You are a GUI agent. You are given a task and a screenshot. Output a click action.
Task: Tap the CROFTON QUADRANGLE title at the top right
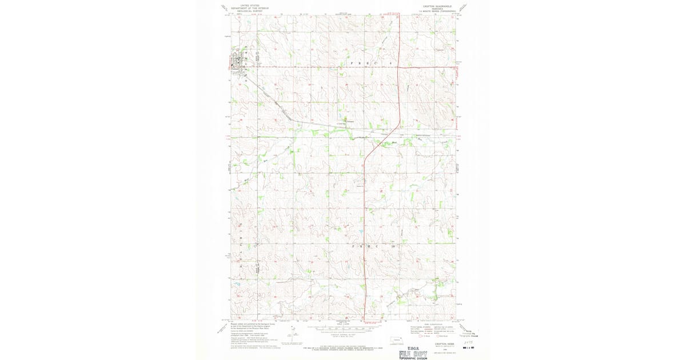point(437,4)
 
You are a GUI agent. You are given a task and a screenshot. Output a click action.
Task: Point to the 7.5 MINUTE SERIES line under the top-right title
point(437,10)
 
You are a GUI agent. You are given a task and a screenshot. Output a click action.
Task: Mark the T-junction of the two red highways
point(398,67)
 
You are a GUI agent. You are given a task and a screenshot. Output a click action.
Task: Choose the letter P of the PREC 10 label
point(353,246)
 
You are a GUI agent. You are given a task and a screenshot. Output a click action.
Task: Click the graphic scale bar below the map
point(343,329)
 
